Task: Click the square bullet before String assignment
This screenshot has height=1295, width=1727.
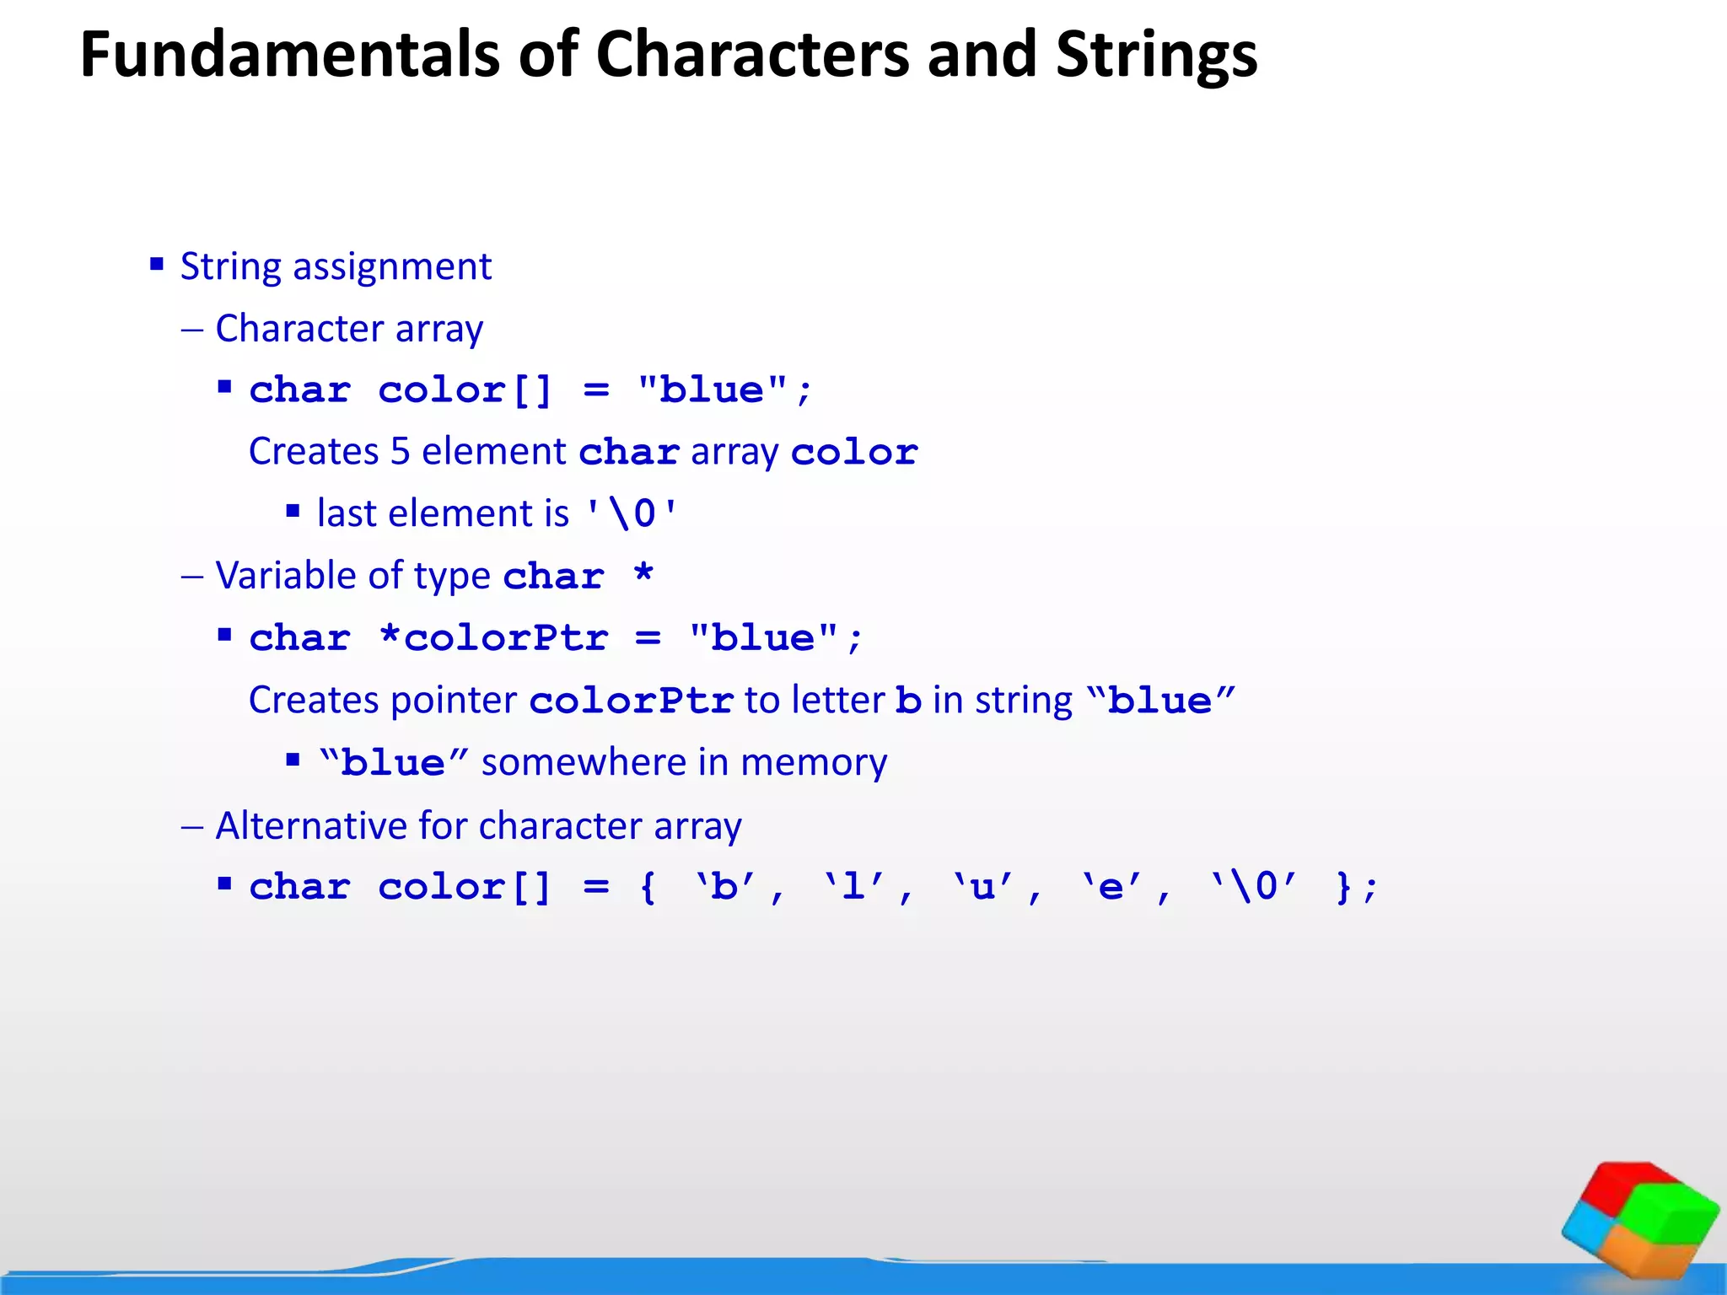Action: click(x=157, y=265)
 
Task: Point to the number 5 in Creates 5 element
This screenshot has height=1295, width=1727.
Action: click(x=401, y=452)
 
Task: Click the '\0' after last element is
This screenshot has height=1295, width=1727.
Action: click(x=632, y=513)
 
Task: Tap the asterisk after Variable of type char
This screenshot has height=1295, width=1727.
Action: click(x=643, y=575)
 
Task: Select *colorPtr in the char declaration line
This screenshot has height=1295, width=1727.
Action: click(x=493, y=638)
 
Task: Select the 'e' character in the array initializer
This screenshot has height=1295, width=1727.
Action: click(x=1111, y=887)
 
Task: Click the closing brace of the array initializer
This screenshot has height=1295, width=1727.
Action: click(x=1344, y=887)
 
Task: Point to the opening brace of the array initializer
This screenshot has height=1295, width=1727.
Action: click(x=648, y=887)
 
